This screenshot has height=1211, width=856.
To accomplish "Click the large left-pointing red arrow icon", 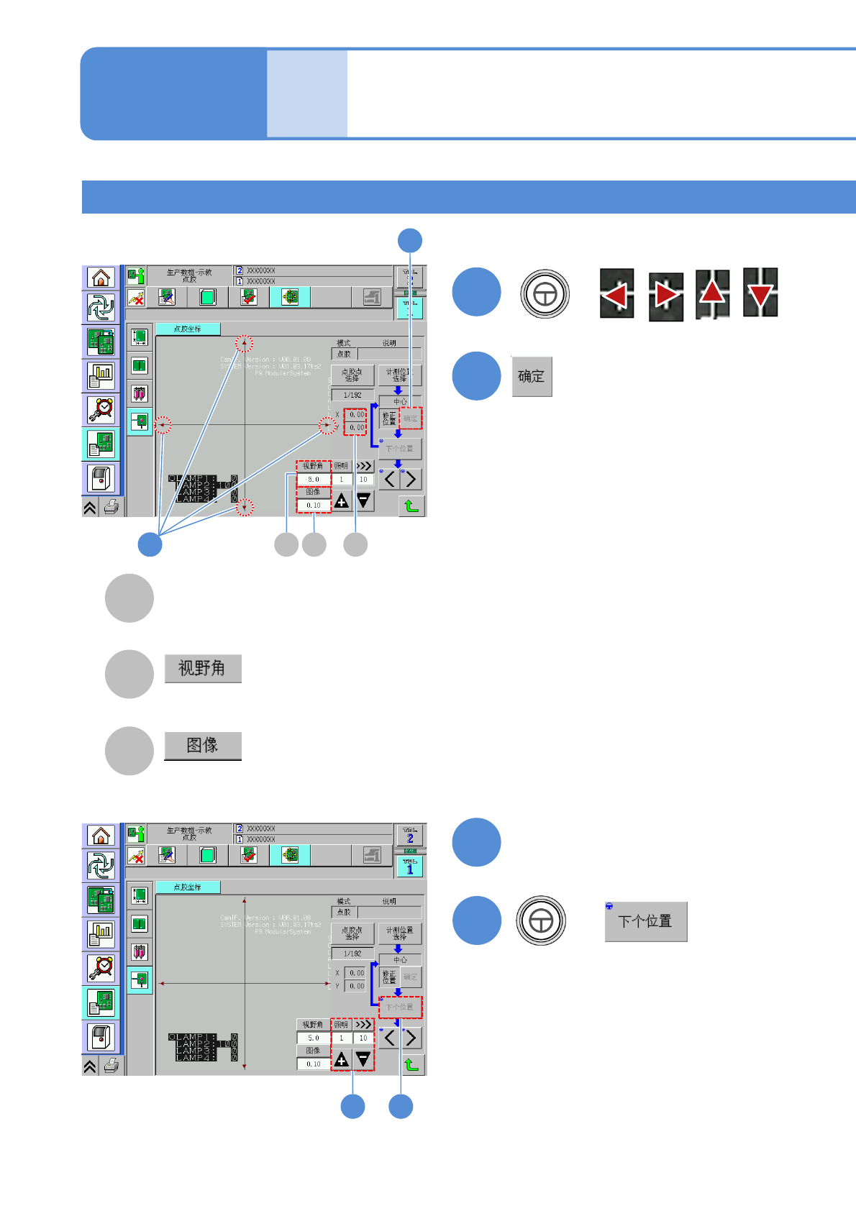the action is point(616,293).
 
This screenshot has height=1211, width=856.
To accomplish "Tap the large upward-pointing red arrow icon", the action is point(712,293).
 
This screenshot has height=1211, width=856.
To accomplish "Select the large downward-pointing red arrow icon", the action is point(760,293).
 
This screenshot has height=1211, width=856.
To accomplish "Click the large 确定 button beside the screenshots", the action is point(532,376).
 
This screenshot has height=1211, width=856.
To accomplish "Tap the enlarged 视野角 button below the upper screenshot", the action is point(202,668).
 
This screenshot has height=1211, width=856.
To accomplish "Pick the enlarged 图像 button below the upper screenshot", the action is point(202,745).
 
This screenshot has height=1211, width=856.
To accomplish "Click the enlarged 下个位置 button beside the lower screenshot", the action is point(645,921).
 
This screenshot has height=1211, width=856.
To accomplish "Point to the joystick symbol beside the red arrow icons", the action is point(545,293).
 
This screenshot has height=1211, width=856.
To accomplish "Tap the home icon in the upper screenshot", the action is point(101,278).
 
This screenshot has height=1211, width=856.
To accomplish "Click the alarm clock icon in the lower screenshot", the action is point(101,967).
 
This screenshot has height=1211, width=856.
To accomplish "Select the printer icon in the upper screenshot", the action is point(111,507).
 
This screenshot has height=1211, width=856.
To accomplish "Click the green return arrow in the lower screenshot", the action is point(411,1064).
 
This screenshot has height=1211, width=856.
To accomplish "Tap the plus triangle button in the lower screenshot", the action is point(342,1059).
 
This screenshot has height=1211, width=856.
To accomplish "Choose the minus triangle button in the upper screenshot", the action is point(364,501).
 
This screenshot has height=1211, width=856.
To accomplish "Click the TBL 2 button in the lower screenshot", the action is point(410,836).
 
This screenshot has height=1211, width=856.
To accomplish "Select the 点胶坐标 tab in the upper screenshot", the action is point(188,329).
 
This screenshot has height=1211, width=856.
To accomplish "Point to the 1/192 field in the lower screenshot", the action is point(352,954).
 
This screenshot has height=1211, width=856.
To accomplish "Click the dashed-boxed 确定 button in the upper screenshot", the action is point(411,419).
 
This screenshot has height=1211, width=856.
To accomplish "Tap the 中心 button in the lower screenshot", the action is point(400,960).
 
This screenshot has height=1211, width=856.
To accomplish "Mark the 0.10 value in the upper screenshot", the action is point(314,506).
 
